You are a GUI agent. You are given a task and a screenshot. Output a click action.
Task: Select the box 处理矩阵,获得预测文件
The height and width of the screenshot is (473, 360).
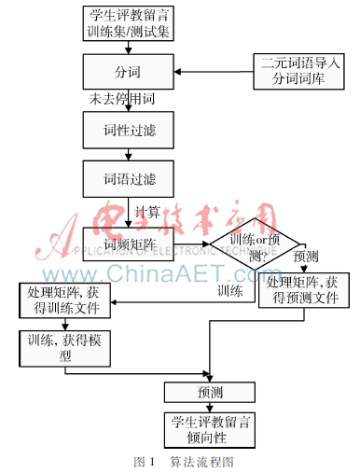tap(307, 290)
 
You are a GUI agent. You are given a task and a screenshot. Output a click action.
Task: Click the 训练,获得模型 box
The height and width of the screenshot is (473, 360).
tap(62, 346)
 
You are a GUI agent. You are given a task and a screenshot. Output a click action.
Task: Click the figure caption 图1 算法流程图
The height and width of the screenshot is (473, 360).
tap(183, 461)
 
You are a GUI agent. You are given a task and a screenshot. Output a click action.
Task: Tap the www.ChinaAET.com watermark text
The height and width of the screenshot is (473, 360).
tap(181, 272)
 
